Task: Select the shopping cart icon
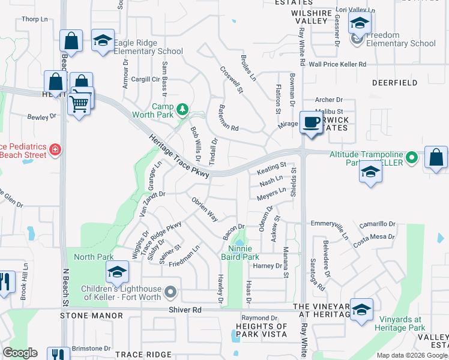(x=80, y=104)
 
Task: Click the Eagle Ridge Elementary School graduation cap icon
(x=103, y=40)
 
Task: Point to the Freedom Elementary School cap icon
(x=360, y=24)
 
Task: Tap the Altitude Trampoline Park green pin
(x=411, y=158)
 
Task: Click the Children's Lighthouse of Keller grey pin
(x=171, y=293)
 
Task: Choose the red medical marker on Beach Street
(x=55, y=149)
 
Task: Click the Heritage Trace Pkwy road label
(x=179, y=155)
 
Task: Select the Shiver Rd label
(x=189, y=310)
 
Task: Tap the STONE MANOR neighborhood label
(x=88, y=315)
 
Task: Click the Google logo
(x=20, y=353)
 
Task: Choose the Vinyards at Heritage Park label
(x=400, y=323)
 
